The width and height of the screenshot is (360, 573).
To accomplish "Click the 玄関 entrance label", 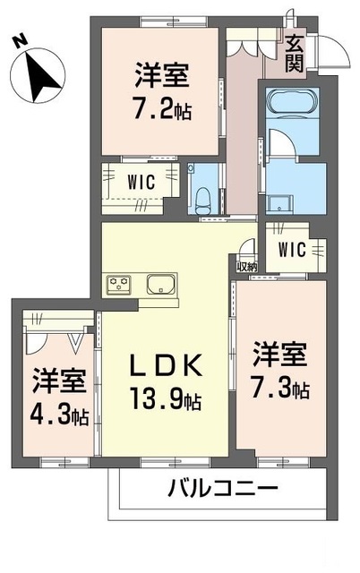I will pos(295,54).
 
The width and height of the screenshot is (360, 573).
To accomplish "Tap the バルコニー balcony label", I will pos(222,490).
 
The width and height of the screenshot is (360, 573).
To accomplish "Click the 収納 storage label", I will pos(246,265).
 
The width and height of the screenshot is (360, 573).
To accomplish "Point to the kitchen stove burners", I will pos(119,286).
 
